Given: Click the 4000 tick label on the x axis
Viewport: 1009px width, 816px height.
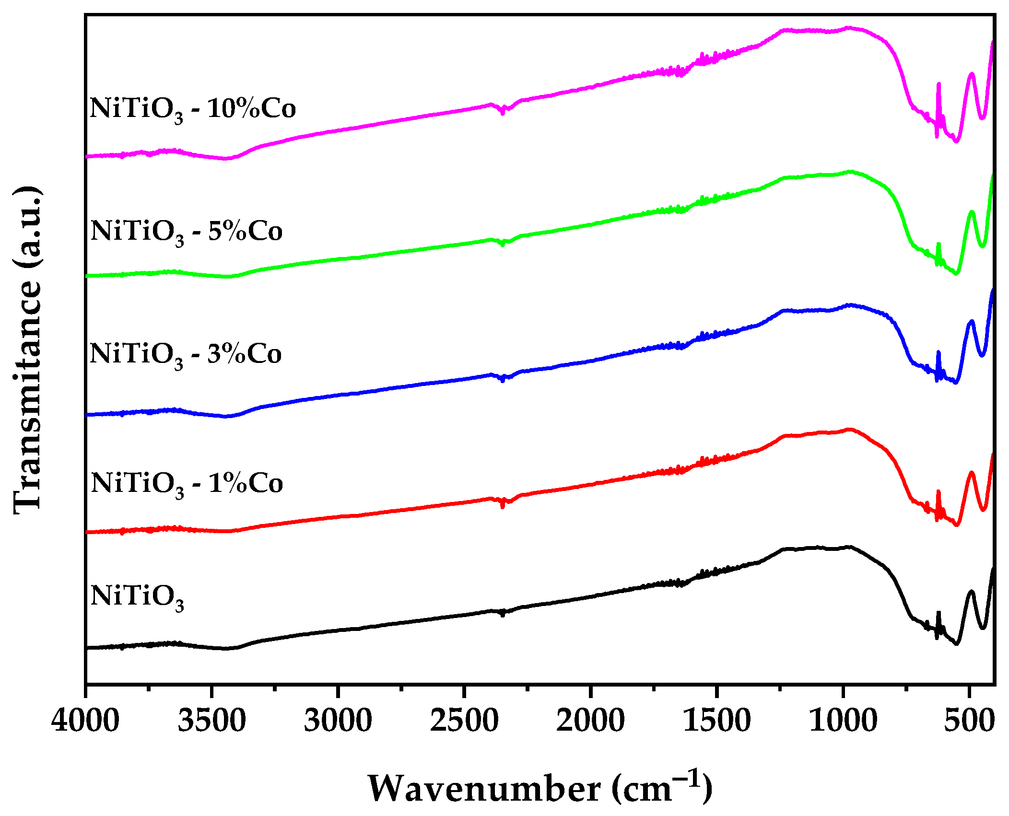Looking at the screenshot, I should [x=85, y=721].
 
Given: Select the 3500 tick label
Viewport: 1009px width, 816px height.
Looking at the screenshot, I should [x=211, y=721].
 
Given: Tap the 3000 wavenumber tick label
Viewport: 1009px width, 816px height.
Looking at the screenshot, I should [x=338, y=721].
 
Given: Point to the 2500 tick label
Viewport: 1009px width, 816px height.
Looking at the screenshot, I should [x=464, y=721].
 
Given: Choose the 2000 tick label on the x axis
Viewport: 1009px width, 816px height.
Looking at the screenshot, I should [x=590, y=721].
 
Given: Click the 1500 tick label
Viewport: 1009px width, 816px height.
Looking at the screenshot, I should [x=716, y=721].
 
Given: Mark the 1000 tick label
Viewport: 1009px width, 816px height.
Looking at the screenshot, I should [x=843, y=721].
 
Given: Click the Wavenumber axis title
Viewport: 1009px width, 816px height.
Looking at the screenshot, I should [x=540, y=788].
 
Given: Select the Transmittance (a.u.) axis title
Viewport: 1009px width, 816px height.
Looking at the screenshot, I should [x=28, y=350].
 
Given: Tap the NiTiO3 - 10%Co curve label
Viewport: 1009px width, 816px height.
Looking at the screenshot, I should [x=192, y=109].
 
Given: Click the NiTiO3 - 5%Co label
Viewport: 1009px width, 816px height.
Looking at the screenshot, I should [x=186, y=232].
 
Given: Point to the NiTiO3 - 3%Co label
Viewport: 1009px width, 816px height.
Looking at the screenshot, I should [x=185, y=355].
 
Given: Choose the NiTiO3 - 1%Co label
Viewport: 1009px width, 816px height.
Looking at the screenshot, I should [x=187, y=484].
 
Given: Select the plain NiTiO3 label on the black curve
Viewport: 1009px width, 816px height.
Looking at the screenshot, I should [x=137, y=597].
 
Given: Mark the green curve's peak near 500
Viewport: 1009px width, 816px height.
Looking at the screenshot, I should [x=972, y=212].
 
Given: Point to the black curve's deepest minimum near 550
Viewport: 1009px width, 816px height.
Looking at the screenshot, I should [x=956, y=643].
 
